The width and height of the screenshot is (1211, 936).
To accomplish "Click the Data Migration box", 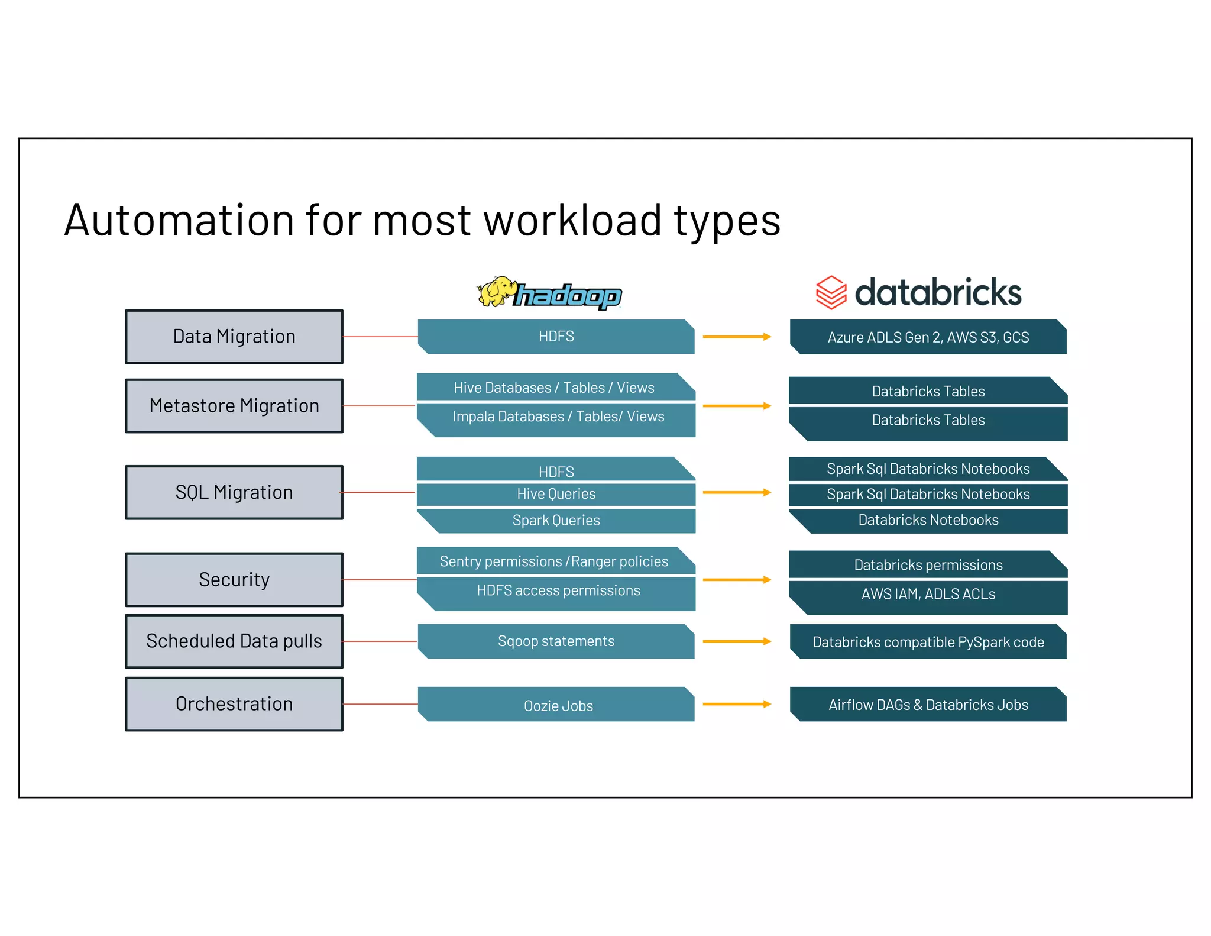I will point(234,337).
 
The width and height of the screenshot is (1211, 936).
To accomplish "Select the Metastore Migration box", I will point(234,406).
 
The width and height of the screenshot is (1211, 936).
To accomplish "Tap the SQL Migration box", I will point(234,492).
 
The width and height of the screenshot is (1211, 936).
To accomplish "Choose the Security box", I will point(234,579).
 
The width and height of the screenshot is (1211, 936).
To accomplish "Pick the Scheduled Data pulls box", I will point(234,641).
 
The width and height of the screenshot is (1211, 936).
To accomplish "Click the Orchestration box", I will point(234,703).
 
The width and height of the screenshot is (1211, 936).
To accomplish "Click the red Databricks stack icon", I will point(831,292).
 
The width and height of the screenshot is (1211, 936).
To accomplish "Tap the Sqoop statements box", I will point(556,641).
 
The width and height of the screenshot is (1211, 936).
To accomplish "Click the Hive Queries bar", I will point(556,494).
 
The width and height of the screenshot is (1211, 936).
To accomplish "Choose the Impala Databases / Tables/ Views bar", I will point(558,418).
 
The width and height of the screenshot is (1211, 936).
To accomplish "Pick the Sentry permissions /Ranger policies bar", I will point(554,561).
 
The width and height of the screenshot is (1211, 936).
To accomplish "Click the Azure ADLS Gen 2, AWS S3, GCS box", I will point(928,337).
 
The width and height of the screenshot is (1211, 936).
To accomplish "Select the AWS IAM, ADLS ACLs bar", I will point(928,595).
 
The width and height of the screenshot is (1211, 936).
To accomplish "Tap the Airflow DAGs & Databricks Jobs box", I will point(928,705).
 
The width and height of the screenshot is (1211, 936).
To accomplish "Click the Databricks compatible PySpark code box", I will point(928,642).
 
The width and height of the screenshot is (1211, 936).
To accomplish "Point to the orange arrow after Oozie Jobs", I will point(737,704).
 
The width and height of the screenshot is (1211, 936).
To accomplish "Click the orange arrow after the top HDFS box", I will point(737,337).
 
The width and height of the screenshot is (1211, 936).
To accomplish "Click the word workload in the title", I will point(572,220).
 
